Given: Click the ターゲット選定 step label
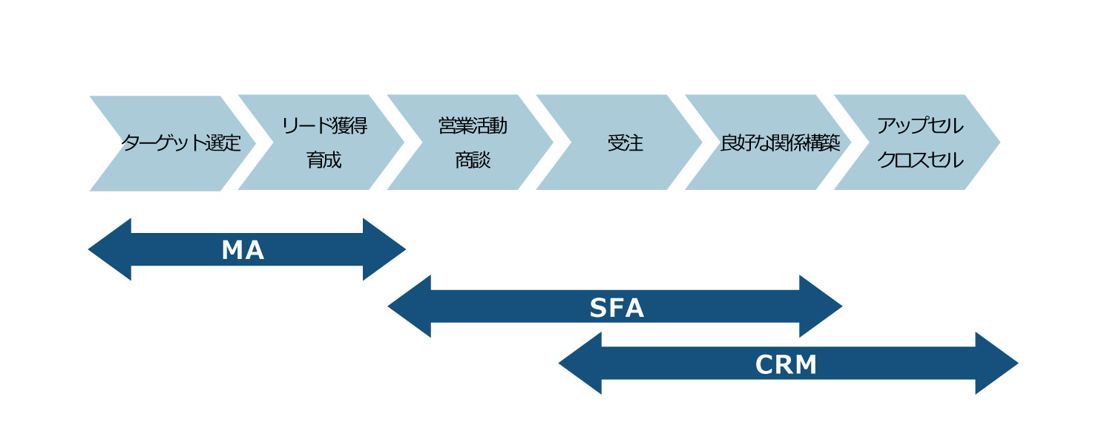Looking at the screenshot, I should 181,142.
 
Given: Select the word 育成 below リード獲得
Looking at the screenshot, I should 324,160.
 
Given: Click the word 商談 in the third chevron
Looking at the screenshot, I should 473,160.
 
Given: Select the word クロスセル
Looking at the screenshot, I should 920,160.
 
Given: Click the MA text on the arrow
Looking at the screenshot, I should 243,251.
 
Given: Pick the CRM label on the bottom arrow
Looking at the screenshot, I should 786,364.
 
